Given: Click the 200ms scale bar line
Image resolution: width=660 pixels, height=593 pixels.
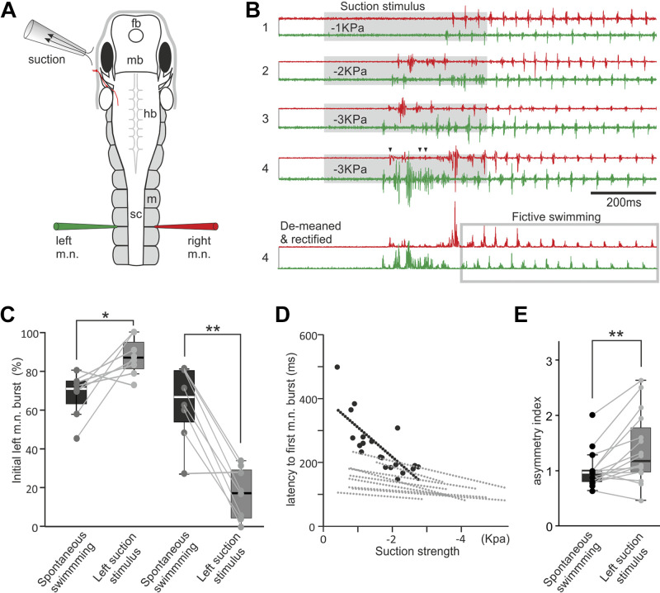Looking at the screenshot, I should click(x=623, y=192).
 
